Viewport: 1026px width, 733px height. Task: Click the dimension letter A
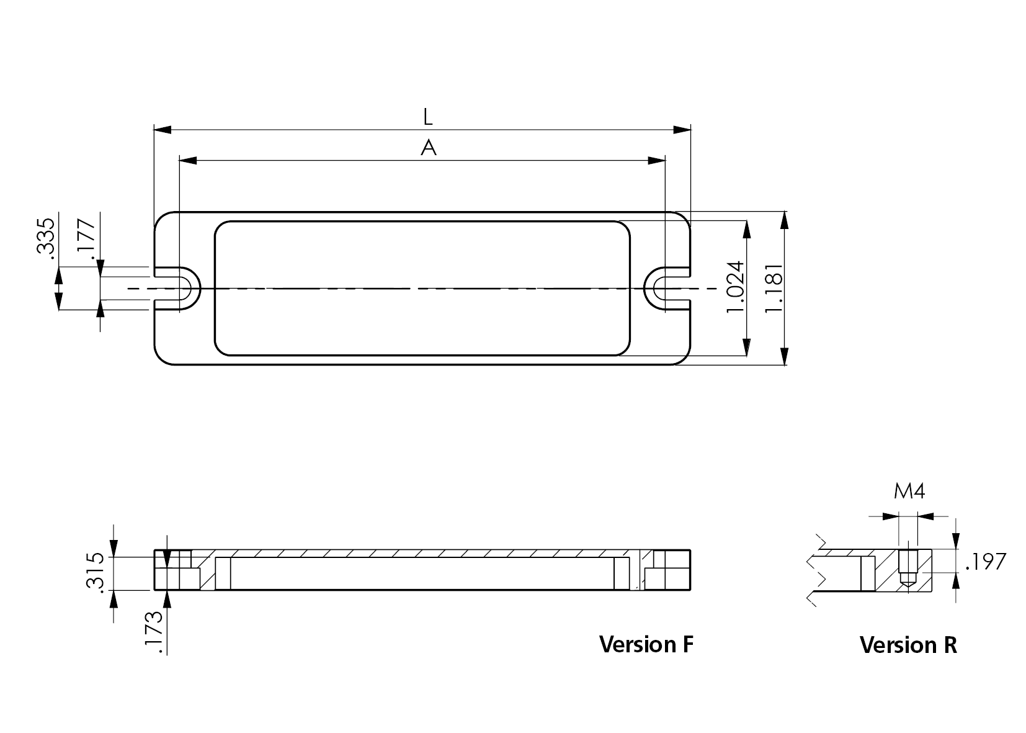[x=429, y=148]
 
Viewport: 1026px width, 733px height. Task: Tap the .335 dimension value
[x=46, y=236]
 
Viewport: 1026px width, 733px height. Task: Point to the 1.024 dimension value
[x=734, y=287]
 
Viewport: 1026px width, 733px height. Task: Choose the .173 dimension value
[x=153, y=631]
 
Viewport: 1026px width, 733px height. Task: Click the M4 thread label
[x=909, y=492]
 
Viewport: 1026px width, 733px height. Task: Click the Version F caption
[x=646, y=644]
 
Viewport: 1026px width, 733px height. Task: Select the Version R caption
[x=908, y=645]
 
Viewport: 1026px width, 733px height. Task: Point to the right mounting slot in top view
[x=665, y=289]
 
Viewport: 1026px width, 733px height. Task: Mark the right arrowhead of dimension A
[x=656, y=161]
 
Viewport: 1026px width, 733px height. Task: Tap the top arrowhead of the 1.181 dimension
[x=785, y=220]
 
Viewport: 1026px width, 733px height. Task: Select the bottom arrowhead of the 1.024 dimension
[x=747, y=348]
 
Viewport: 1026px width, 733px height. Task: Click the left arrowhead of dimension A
[x=188, y=161]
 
